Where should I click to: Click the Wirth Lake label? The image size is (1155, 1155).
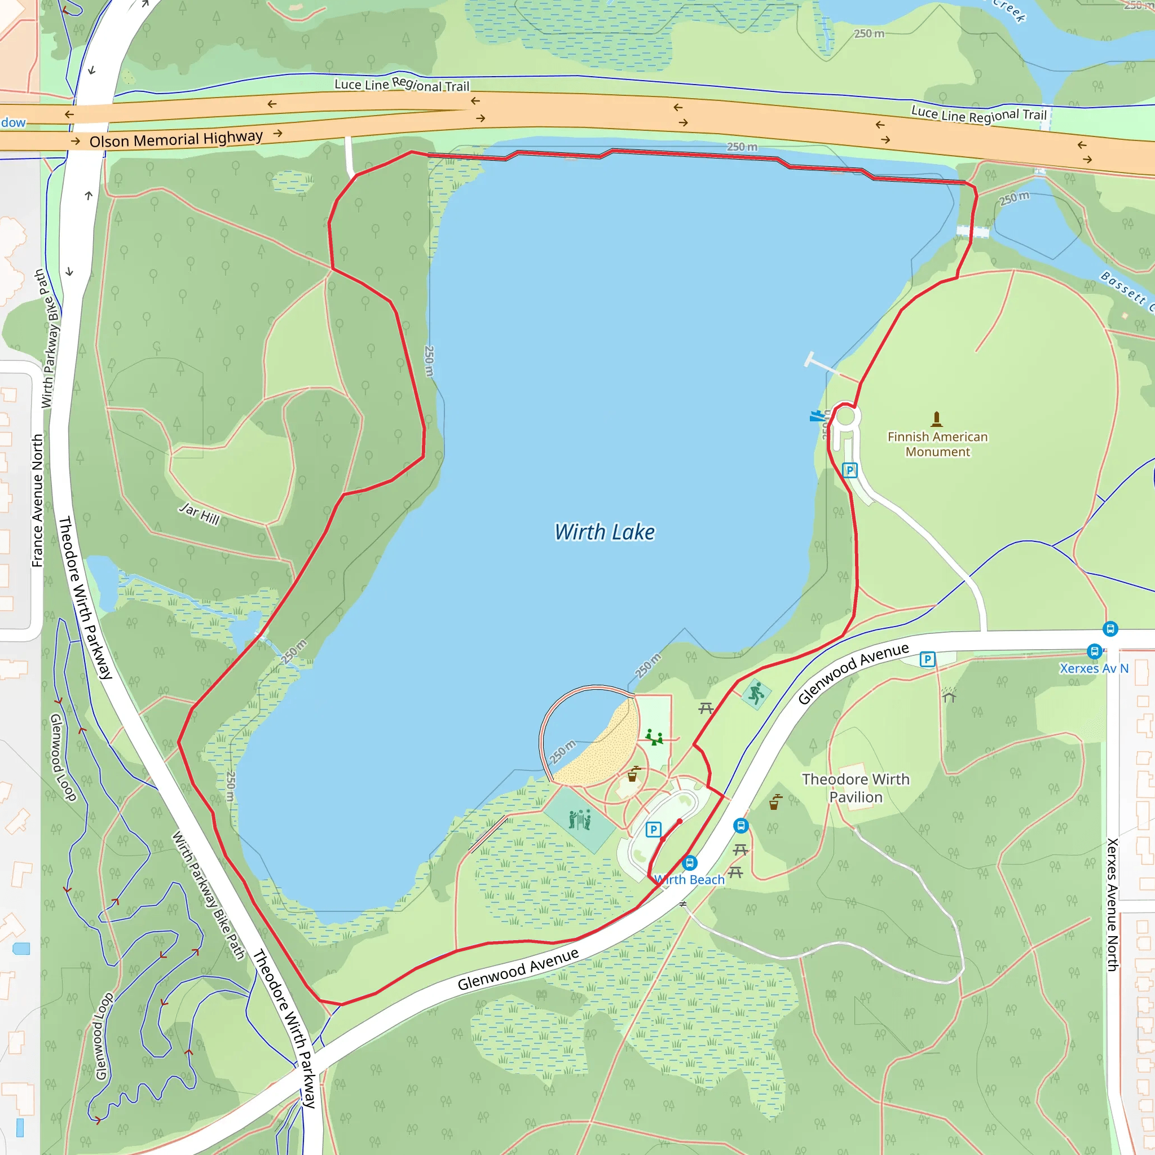605,531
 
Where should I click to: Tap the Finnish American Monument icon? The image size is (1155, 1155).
937,418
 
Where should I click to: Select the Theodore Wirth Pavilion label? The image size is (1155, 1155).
856,788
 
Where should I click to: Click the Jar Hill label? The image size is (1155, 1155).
200,513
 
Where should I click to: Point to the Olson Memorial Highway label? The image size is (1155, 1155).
176,139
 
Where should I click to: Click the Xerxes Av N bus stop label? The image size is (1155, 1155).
1094,668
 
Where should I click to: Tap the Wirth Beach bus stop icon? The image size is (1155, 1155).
690,863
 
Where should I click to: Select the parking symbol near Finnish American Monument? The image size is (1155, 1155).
849,470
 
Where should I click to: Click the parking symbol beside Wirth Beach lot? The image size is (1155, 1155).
654,829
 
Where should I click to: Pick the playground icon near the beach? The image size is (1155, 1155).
654,737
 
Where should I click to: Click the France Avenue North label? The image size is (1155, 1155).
37,500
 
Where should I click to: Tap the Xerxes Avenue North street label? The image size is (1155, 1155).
1112,904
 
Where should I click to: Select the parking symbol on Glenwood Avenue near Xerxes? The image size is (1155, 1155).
927,659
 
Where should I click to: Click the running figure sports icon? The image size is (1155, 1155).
756,694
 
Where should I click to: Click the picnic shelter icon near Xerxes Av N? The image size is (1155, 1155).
949,696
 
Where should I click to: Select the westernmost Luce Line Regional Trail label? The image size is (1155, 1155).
402,85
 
